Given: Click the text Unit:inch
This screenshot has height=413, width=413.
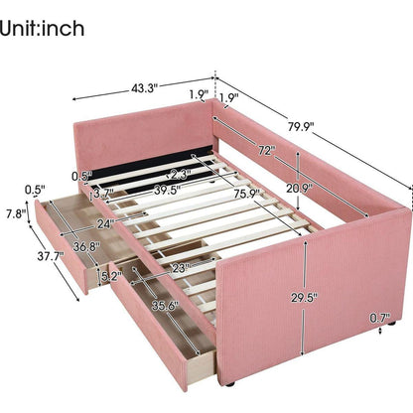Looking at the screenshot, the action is (42, 29).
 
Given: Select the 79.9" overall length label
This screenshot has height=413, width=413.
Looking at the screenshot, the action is (301, 126).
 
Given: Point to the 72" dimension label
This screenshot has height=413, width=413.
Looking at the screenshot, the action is (267, 151).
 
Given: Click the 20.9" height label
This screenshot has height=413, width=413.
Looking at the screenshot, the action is (299, 189).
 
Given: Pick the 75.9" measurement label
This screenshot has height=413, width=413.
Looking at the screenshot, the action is (246, 193).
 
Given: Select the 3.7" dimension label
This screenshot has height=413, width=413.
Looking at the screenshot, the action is (103, 193).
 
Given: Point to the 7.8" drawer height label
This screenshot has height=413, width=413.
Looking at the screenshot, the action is (16, 214).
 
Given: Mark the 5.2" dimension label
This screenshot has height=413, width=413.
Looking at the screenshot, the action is (111, 276).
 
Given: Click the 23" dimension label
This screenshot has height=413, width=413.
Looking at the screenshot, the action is (181, 267).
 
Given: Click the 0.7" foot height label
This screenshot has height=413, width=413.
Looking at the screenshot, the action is (380, 318).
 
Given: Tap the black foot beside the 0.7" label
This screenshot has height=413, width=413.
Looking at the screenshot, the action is (392, 323).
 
